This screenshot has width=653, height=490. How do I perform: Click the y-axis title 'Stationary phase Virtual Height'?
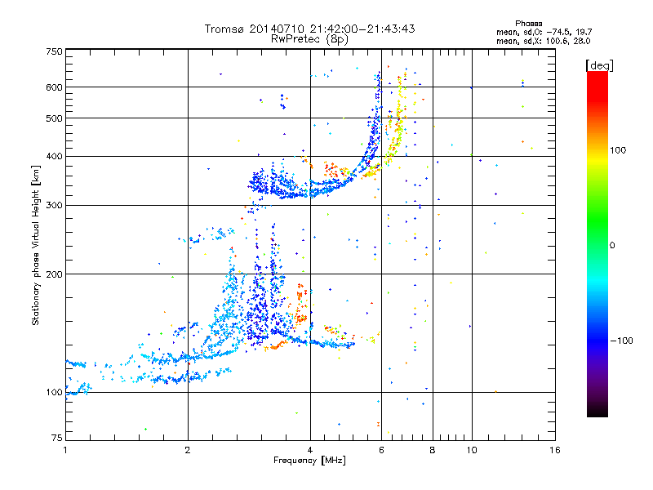36,244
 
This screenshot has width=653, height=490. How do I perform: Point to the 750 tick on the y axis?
54,51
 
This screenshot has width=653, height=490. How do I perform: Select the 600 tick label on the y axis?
54,87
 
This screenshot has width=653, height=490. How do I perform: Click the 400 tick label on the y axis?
54,156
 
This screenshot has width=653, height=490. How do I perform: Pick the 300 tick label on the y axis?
54,205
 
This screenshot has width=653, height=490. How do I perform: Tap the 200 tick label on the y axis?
54,274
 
